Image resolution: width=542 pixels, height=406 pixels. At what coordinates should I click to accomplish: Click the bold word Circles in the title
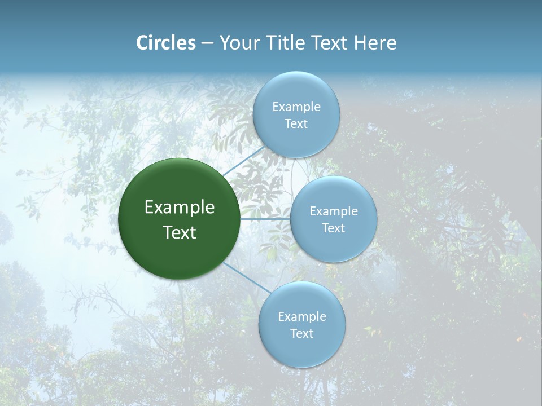pos(166,43)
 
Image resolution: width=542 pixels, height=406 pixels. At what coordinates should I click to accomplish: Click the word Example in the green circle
pos(180,208)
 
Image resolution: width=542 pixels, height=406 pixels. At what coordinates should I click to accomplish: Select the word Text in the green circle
pos(180,232)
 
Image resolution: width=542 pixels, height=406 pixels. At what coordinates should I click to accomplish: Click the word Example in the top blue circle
pos(296,107)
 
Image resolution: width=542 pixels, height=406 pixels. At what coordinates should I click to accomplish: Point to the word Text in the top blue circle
pos(296,124)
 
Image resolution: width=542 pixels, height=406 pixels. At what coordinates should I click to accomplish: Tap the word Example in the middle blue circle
pos(333,211)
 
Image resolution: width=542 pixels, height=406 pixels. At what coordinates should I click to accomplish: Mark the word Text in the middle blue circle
pos(333,228)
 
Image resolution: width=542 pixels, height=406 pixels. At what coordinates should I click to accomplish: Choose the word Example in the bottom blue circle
pos(301,317)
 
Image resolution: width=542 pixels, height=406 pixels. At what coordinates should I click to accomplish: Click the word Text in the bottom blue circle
pos(301,334)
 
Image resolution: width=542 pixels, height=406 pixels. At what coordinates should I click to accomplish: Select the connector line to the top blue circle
pos(243,161)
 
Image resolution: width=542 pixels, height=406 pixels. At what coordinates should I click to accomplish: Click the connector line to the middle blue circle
pos(265,219)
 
